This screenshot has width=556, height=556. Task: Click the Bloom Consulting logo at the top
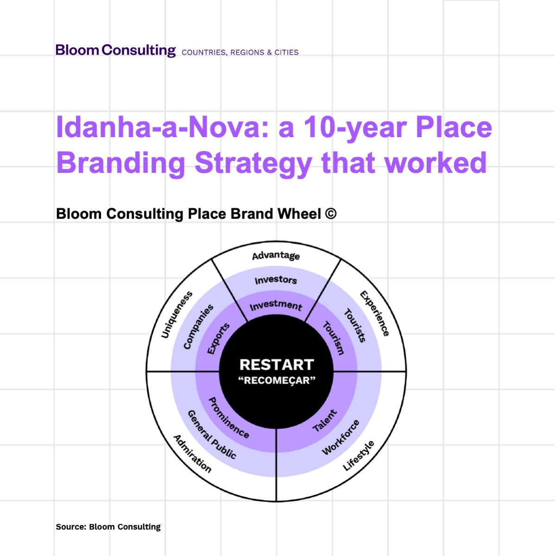click(x=115, y=50)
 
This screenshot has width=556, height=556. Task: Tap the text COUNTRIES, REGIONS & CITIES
click(x=240, y=52)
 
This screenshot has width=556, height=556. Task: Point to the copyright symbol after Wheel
click(x=331, y=214)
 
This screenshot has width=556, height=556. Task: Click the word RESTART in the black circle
click(x=277, y=365)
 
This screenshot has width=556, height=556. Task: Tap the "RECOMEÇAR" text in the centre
click(x=277, y=381)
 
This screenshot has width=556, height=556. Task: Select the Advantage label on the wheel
click(x=276, y=256)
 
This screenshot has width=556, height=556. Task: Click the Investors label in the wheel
click(x=276, y=280)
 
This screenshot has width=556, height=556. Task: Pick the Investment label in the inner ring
click(x=276, y=305)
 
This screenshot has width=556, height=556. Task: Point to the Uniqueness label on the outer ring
click(x=177, y=315)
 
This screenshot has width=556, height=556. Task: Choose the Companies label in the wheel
click(x=198, y=327)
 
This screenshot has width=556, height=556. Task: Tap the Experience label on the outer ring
click(x=375, y=313)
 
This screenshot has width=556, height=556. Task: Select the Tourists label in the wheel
click(x=355, y=325)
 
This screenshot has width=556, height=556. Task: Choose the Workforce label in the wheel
click(x=341, y=437)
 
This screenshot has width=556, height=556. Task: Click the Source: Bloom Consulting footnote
click(x=108, y=527)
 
